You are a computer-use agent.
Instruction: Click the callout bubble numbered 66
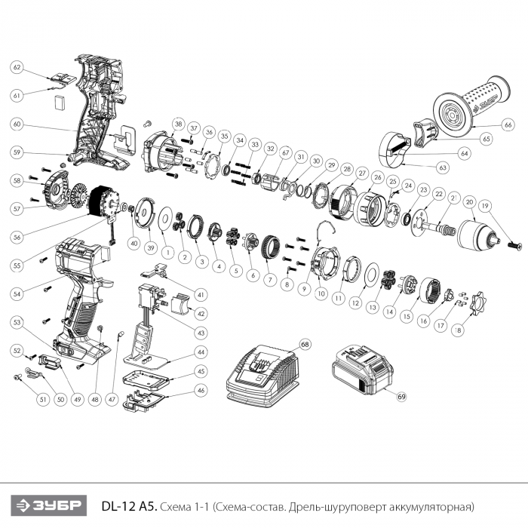pyautogui.click(x=508, y=124)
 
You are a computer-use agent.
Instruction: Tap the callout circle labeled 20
pyautogui.click(x=469, y=202)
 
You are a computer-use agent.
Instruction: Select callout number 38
pyautogui.click(x=178, y=124)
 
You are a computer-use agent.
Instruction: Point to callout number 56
pyautogui.click(x=17, y=237)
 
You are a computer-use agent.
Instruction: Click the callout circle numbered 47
pyautogui.click(x=112, y=400)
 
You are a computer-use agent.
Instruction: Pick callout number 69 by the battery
pyautogui.click(x=402, y=396)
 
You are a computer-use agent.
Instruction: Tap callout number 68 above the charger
pyautogui.click(x=305, y=345)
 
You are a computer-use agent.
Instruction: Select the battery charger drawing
pyautogui.click(x=262, y=375)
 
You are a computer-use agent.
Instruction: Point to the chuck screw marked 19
pyautogui.click(x=515, y=245)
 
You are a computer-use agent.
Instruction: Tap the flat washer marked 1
pyautogui.click(x=165, y=219)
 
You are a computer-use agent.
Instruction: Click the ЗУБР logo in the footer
pyautogui.click(x=48, y=505)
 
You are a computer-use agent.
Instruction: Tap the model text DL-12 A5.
pyautogui.click(x=129, y=506)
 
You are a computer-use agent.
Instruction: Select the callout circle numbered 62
pyautogui.click(x=17, y=67)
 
